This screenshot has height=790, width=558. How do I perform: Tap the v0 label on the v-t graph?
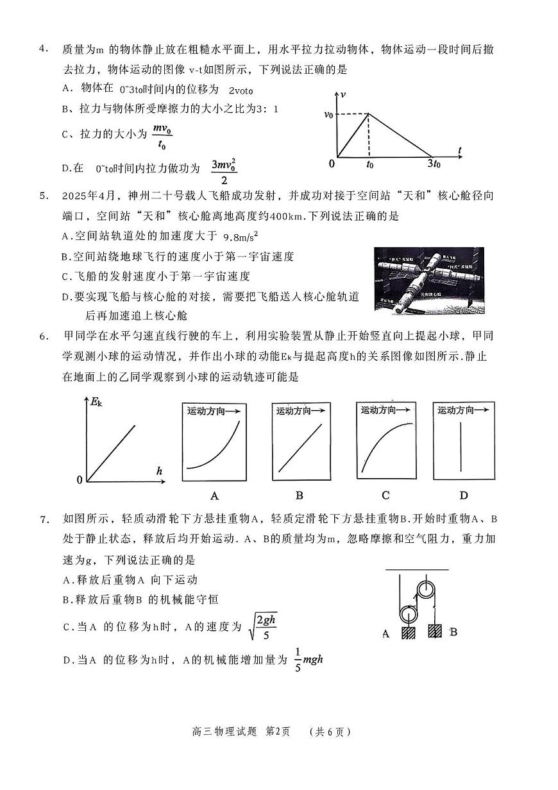pyautogui.click(x=328, y=115)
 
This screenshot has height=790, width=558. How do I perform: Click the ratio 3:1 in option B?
pyautogui.click(x=267, y=110)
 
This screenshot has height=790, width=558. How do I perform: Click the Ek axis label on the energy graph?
pyautogui.click(x=96, y=402)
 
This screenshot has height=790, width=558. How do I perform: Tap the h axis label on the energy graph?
pyautogui.click(x=159, y=471)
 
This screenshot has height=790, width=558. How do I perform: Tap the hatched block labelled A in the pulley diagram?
pyautogui.click(x=408, y=631)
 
